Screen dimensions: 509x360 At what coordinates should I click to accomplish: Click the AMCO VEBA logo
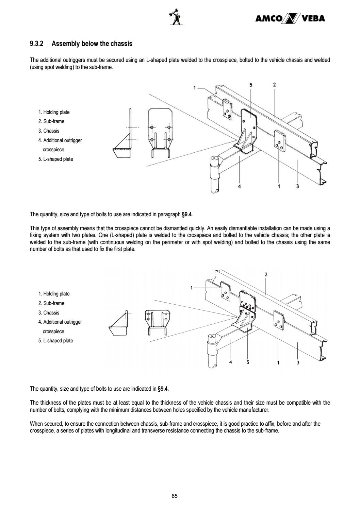[290, 18]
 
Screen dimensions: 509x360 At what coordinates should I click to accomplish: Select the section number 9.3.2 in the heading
[37, 44]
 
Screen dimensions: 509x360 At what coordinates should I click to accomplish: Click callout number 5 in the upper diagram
[251, 85]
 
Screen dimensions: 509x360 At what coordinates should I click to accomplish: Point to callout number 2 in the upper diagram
[274, 85]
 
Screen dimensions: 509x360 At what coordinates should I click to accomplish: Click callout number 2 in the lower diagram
[266, 274]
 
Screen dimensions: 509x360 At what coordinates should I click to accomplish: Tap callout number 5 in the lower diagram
[248, 362]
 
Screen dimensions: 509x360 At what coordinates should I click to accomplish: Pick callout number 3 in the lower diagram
[298, 362]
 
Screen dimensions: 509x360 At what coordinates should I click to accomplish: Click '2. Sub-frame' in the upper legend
[51, 121]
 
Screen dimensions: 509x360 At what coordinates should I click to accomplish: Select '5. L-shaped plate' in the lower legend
[55, 341]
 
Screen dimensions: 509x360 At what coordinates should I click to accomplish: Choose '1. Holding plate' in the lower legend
[54, 294]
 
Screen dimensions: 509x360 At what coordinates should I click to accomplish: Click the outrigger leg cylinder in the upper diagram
[214, 175]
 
